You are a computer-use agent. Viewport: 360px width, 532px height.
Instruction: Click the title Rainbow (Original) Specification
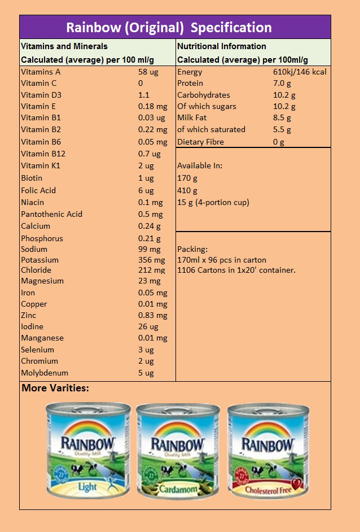click(x=169, y=27)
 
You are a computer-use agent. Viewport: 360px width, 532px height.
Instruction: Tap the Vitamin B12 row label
click(x=43, y=154)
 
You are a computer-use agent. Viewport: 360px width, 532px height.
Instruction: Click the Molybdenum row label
click(x=45, y=373)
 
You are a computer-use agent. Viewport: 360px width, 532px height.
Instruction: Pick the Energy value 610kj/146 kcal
click(x=300, y=72)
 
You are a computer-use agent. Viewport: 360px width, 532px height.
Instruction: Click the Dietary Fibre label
click(x=200, y=142)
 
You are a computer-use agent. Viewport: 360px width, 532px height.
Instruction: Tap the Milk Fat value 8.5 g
click(x=282, y=117)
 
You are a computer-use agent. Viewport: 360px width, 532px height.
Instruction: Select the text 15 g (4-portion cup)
click(x=213, y=202)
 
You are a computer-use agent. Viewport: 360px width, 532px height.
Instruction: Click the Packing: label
click(x=192, y=249)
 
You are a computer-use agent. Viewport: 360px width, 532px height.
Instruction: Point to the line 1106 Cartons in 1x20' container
click(x=236, y=270)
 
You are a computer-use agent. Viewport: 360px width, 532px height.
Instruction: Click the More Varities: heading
click(x=55, y=388)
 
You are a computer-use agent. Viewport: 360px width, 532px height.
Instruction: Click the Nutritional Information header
click(x=222, y=46)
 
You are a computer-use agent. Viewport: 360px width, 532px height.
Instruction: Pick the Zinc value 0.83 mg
click(x=152, y=315)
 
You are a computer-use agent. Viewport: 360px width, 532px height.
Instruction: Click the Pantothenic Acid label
click(x=51, y=214)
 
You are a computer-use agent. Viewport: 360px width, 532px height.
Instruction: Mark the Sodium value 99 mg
click(x=149, y=249)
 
